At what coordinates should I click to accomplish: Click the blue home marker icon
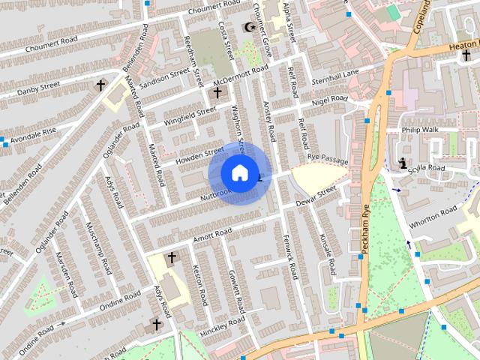pos(239,172)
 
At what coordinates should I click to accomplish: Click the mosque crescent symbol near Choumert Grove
pos(250,28)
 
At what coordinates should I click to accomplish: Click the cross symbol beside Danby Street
pos(100,85)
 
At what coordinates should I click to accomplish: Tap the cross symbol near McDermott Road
pos(217,93)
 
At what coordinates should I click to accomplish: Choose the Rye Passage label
pos(328,160)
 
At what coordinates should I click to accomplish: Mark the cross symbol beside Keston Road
pos(172,258)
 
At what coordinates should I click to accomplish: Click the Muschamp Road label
pos(99,247)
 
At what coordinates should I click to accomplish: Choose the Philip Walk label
pos(420,129)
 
